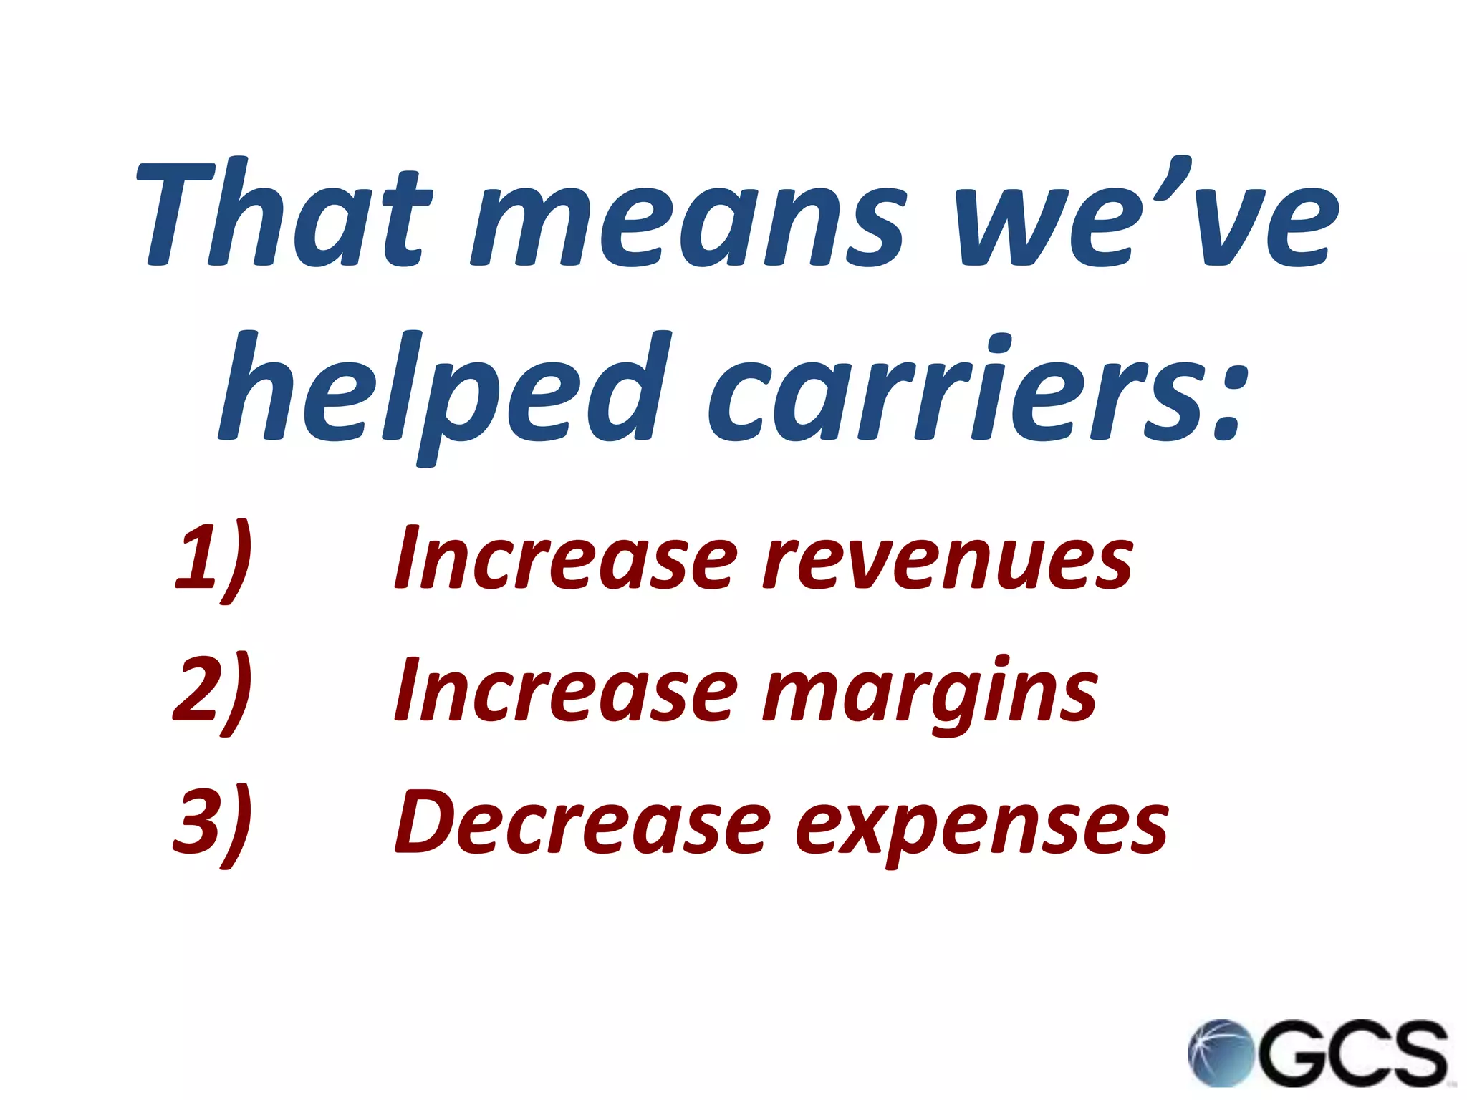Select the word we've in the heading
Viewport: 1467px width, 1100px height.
[1146, 215]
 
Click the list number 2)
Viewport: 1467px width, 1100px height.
[213, 692]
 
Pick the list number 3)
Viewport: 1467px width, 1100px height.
[213, 824]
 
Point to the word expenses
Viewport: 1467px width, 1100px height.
[981, 827]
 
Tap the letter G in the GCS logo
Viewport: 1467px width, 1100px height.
[1289, 1053]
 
